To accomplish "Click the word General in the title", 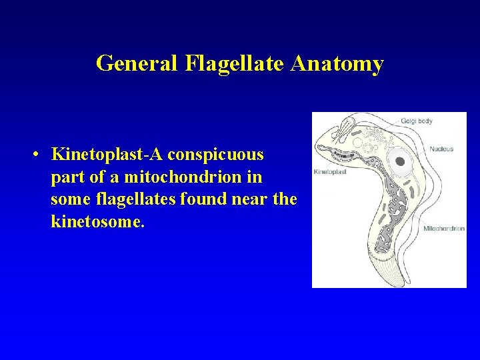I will tap(137, 63).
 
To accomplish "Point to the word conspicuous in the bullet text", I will tap(216, 155).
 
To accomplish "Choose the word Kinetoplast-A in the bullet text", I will tap(107, 155).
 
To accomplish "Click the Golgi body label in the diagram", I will tap(417, 121).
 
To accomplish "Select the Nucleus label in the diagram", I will tap(441, 149).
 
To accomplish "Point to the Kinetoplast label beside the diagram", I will tap(330, 172).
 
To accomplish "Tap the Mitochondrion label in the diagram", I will tap(444, 229).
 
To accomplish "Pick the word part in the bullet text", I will tap(64, 177).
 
